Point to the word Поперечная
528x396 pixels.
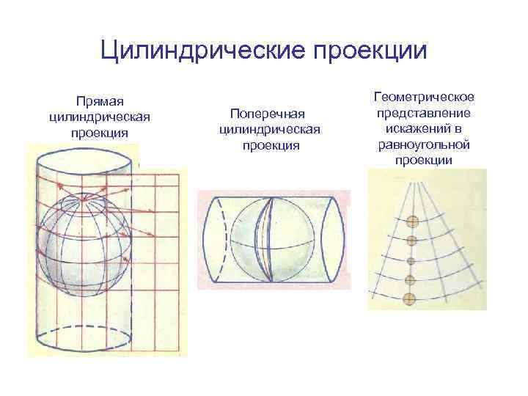(266, 114)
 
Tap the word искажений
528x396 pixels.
(425, 128)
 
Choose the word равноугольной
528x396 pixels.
(425, 144)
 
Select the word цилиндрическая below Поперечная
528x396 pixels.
(266, 130)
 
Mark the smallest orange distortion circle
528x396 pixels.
(411, 260)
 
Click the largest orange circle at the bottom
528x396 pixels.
(410, 298)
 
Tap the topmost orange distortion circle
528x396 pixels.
(413, 221)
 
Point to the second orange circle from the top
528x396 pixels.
(411, 241)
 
